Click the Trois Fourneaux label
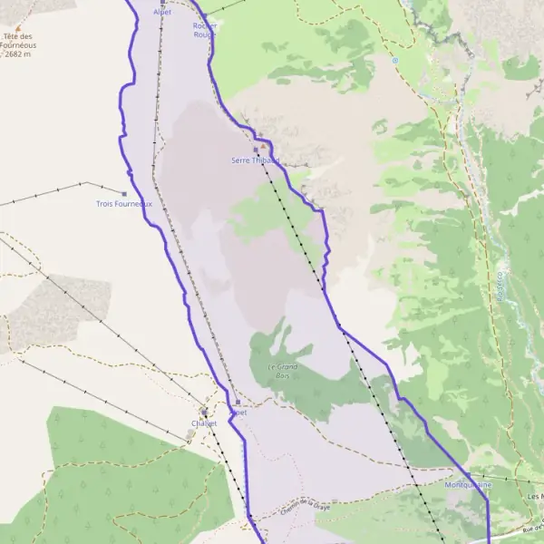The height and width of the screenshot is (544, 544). pos(124,204)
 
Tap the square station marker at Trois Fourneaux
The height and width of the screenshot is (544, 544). pos(123,193)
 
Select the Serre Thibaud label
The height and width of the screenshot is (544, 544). pos(255,160)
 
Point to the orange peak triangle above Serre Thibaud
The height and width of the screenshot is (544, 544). pos(264,145)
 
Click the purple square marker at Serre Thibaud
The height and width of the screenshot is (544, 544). pos(256,150)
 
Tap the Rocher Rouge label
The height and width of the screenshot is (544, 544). pos(205,30)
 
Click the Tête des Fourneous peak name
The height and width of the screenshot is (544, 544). pos(20,40)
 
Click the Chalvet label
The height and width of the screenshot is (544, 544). pos(204,423)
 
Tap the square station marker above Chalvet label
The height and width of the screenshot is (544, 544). pos(204,412)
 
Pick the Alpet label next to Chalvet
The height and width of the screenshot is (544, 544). pos(238,413)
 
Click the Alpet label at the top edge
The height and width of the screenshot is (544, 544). pos(162,12)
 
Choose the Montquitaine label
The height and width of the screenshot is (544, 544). pos(468,485)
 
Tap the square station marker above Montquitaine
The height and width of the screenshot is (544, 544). pos(468,475)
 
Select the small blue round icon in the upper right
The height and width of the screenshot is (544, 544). pos(394,61)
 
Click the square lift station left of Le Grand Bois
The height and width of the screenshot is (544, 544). pos(238,402)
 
